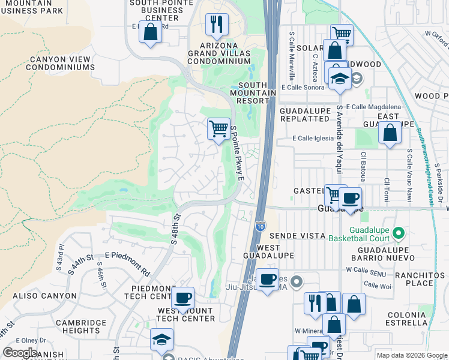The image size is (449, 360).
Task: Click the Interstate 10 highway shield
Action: pos(259,226)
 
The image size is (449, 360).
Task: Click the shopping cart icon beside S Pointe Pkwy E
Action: pos(218,128)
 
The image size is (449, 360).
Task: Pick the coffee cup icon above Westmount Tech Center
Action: pos(183,297)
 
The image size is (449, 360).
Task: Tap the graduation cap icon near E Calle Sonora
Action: pos(340,79)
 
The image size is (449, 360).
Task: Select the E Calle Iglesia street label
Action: pos(312,138)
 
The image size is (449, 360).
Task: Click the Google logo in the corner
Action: pos(20,353)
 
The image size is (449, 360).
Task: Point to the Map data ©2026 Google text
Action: pos(411,355)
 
